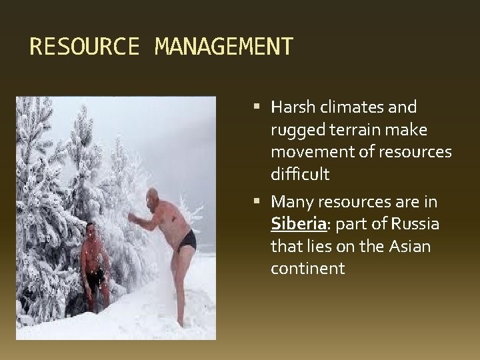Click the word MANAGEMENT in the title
(x=223, y=47)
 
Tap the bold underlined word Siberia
(x=296, y=223)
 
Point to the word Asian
(x=407, y=246)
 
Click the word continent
(x=307, y=269)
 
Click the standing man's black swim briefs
(x=187, y=239)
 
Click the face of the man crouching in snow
(x=91, y=231)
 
